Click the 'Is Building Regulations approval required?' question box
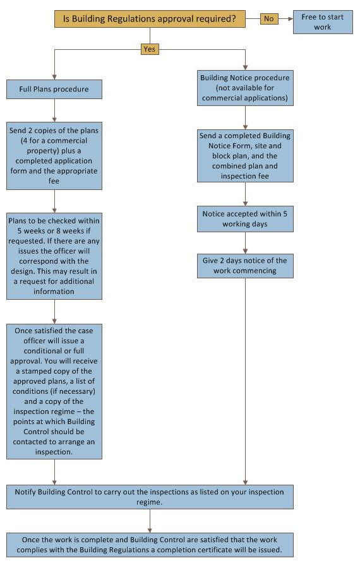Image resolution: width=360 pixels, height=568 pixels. click(150, 19)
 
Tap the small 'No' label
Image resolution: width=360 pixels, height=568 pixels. click(269, 18)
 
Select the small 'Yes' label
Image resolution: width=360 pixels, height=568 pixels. click(150, 49)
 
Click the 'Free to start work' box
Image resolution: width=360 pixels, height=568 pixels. click(323, 22)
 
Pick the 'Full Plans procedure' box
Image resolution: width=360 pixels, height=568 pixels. click(54, 89)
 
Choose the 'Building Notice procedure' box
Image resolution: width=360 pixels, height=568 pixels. click(245, 88)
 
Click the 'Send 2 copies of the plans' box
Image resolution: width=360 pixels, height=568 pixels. click(54, 156)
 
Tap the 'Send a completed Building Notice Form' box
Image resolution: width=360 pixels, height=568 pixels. click(245, 156)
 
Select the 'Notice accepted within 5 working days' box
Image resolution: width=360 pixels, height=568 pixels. click(245, 219)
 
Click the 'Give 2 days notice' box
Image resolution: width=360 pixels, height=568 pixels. click(245, 266)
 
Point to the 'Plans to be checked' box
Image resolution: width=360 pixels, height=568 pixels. click(54, 256)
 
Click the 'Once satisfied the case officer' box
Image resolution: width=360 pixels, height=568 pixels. click(54, 391)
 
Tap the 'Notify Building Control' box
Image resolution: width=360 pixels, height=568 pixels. click(150, 497)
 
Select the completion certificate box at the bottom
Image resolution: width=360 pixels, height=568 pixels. click(150, 545)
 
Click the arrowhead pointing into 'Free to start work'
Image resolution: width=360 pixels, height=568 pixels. click(291, 18)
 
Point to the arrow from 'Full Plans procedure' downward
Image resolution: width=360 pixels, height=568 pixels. click(54, 110)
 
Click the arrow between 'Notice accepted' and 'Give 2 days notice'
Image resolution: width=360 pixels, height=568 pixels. click(245, 243)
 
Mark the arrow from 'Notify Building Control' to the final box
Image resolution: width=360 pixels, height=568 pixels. click(150, 521)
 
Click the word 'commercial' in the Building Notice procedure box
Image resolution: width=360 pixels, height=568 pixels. click(220, 98)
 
